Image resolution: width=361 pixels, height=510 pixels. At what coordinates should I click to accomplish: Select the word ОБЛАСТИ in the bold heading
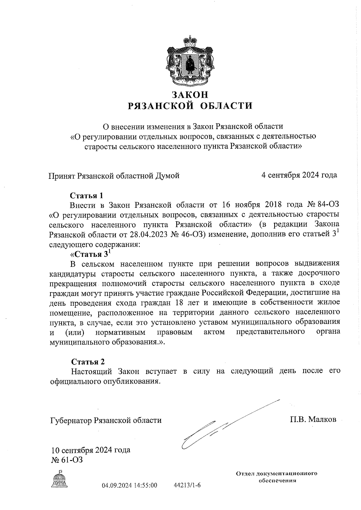tap(226, 106)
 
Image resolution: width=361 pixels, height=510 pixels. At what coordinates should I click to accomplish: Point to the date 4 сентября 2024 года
tap(299, 175)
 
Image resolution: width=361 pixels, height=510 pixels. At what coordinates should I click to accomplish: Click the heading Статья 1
tap(86, 196)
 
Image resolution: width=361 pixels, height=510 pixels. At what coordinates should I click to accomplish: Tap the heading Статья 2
tap(88, 361)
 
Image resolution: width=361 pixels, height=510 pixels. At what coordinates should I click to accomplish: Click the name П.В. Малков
tap(313, 419)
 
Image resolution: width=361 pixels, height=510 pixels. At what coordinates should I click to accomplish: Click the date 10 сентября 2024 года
tap(91, 450)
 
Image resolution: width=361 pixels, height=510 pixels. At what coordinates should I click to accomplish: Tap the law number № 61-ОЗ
tap(67, 460)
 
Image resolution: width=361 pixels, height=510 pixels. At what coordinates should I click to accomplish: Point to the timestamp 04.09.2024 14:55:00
tap(129, 485)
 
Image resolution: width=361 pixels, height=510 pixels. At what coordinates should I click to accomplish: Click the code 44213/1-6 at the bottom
tap(187, 485)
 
